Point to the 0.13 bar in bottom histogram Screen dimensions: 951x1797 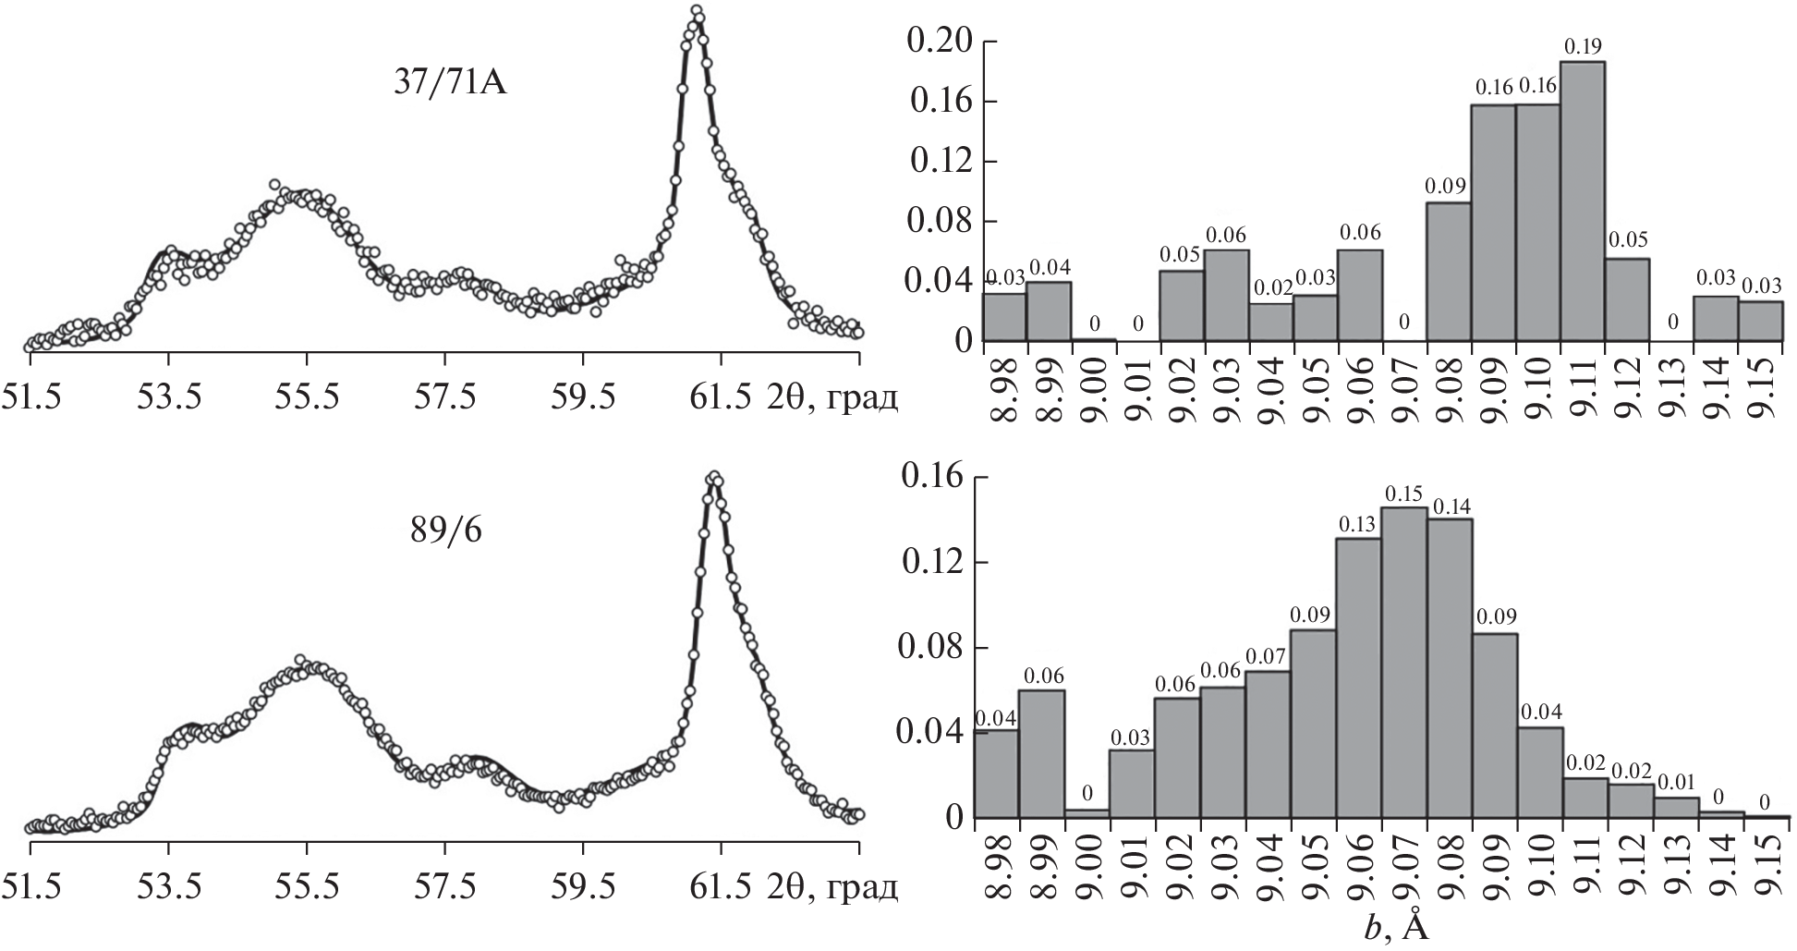1358,677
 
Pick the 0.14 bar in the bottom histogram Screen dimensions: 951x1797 1449,667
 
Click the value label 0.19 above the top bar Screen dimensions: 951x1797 1583,46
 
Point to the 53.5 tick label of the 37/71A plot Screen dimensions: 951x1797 168,399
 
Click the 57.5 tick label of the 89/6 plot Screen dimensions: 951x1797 445,887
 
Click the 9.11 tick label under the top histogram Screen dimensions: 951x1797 1583,393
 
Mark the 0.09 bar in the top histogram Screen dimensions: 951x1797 1448,272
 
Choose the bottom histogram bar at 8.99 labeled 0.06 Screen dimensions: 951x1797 1042,753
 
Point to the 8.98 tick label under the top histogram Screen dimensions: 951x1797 1004,393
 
